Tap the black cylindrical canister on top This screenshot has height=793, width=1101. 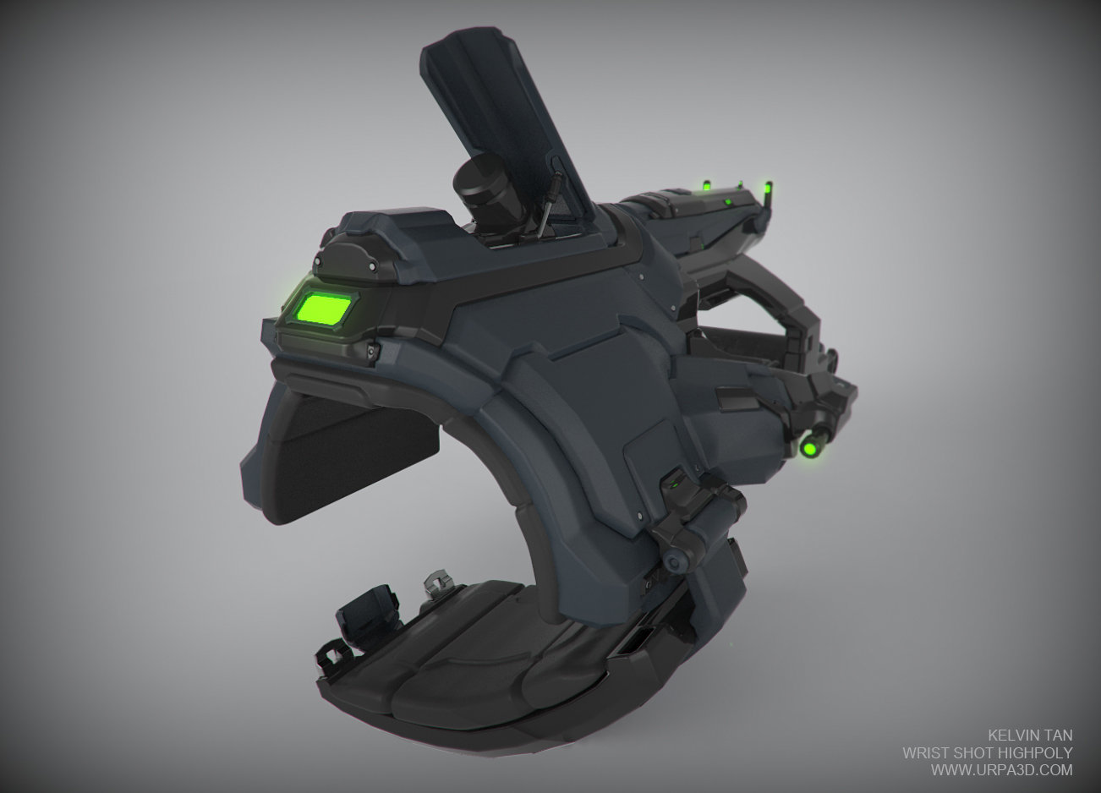pos(485,195)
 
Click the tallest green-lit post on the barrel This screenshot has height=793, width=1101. pos(766,190)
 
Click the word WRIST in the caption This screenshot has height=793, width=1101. pos(923,752)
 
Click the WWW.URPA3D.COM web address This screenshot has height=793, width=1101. pos(1001,770)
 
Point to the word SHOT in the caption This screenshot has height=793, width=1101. pos(972,752)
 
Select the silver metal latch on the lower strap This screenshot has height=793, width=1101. pos(434,583)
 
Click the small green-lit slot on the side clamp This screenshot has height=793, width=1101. pos(674,484)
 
